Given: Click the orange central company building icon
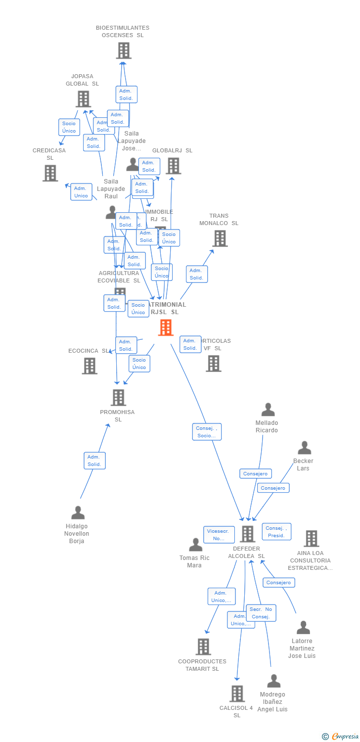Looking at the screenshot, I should [166, 327].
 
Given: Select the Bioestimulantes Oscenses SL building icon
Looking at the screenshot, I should [123, 50].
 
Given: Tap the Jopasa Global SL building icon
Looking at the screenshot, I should [83, 99].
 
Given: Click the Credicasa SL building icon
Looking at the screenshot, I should [50, 173].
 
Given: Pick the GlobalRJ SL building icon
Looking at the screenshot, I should [173, 166].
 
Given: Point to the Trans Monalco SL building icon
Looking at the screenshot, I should [220, 238].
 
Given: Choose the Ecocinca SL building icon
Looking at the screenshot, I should [90, 366].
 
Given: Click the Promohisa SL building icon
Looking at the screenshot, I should [118, 397].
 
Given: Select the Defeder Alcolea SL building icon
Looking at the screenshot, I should [247, 534].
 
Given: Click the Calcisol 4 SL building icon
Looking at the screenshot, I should [237, 694].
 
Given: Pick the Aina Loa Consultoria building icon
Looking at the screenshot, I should [311, 538].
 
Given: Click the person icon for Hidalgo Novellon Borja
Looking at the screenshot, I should [78, 512].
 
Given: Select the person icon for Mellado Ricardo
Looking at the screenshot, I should [268, 410].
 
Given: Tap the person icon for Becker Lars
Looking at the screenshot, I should [304, 448].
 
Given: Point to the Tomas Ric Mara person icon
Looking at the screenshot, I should [196, 545].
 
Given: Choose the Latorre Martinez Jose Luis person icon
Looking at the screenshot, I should [303, 627].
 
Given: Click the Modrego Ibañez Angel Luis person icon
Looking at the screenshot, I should [273, 681].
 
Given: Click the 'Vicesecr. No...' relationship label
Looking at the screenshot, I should [219, 534].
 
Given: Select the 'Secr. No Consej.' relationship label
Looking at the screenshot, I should [261, 613].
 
